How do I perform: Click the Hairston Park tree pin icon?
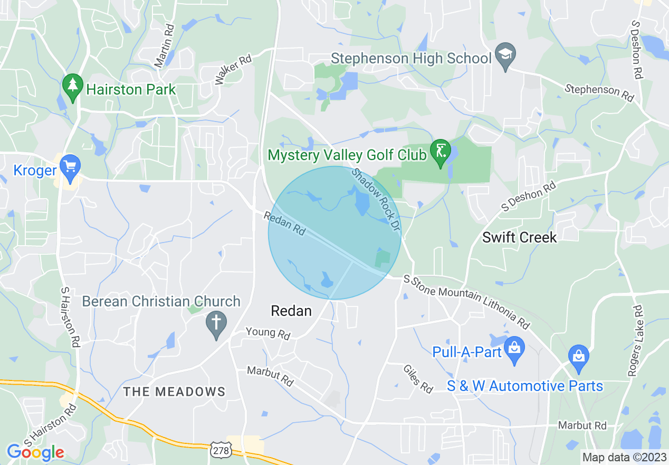tap(71, 86)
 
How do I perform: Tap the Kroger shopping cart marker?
tap(69, 165)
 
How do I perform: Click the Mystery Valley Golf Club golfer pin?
tap(441, 152)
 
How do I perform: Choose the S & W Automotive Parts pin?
tap(579, 356)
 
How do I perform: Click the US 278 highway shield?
tap(219, 450)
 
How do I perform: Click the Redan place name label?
tap(291, 311)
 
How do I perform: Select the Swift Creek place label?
tap(519, 237)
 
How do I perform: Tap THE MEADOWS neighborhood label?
tap(174, 392)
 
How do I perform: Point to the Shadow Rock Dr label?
tap(375, 198)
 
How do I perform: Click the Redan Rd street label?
tap(284, 224)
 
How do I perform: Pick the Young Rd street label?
tap(268, 333)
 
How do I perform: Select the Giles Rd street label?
tap(418, 379)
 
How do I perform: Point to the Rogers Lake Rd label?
tap(635, 341)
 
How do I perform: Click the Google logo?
tap(35, 452)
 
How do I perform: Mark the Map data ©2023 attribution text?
tap(624, 457)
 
